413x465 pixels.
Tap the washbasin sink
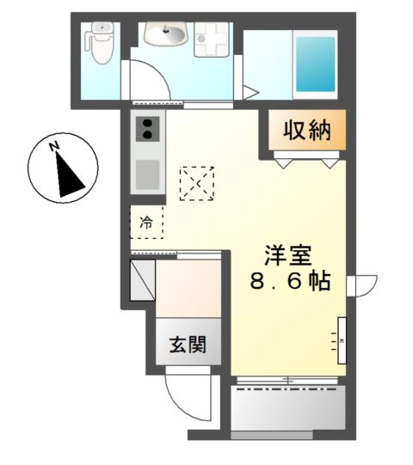click(165, 35)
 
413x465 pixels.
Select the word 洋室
click(287, 255)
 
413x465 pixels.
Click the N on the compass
click(53, 147)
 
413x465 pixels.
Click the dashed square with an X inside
click(196, 182)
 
